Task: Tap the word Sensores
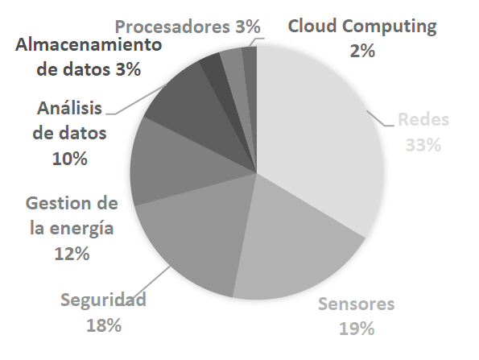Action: pos(357,304)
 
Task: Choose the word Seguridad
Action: pos(104,301)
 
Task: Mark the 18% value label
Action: pos(104,325)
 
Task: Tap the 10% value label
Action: pos(70,159)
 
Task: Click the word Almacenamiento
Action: pos(89,43)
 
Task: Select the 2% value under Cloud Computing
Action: pos(362,51)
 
